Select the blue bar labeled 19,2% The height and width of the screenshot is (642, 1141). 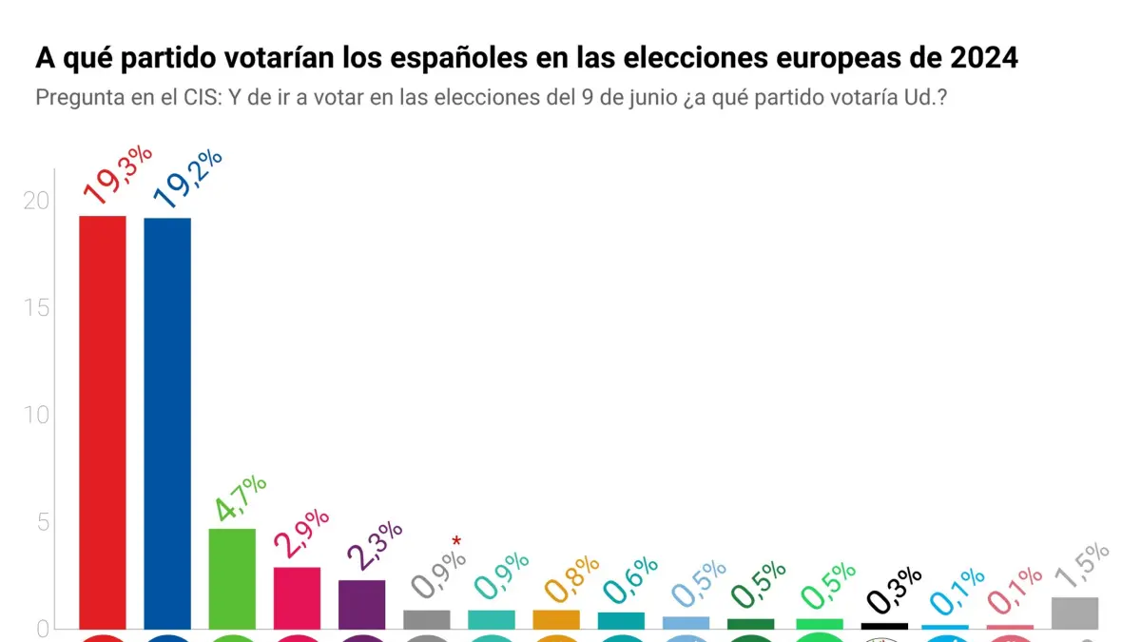coord(167,422)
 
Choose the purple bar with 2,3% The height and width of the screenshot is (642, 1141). coord(361,604)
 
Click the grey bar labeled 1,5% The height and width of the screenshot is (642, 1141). coord(1074,613)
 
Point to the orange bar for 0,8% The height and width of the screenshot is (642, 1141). coord(556,619)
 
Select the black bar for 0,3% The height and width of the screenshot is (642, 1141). coord(884,626)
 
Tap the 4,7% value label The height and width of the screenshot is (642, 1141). coord(240,499)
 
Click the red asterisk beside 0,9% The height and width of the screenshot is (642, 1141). coord(456,542)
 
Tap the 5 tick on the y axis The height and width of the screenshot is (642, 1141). coord(42,522)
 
